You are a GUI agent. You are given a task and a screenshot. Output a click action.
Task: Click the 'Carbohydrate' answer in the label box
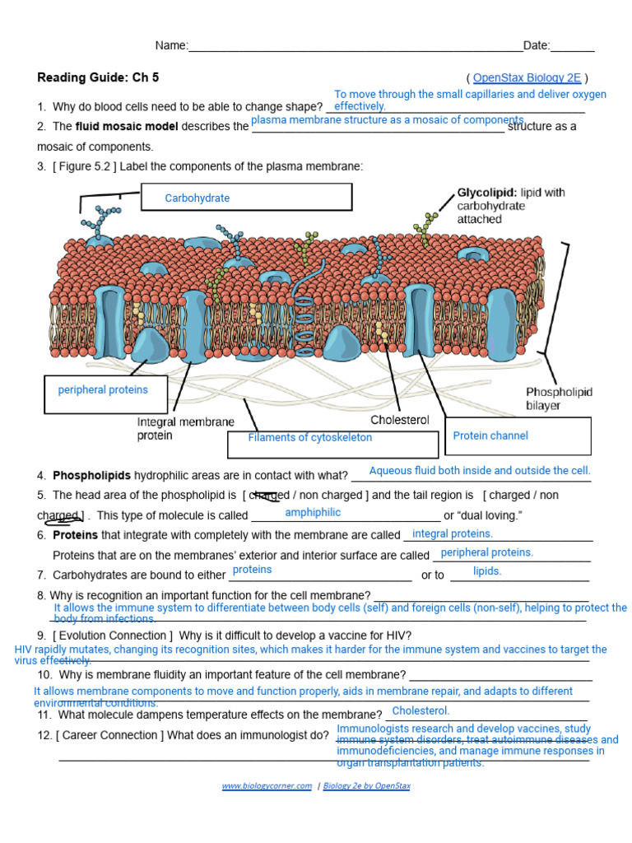click(x=197, y=198)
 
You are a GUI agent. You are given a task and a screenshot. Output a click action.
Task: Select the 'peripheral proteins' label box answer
click(x=103, y=389)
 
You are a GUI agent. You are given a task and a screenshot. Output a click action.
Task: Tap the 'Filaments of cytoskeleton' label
click(x=309, y=438)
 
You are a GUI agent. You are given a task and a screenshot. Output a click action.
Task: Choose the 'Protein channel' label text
click(x=490, y=435)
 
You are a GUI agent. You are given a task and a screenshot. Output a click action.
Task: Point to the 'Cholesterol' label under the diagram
click(x=399, y=420)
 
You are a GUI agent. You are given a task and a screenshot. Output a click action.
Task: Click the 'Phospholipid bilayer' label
click(x=559, y=399)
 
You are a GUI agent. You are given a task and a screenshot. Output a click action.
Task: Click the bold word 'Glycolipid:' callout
click(x=487, y=193)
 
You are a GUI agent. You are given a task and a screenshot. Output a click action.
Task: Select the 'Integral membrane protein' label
click(x=185, y=428)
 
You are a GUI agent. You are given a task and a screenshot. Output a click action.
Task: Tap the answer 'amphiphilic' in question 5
click(x=312, y=513)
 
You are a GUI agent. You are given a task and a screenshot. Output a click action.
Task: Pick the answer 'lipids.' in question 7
click(x=487, y=571)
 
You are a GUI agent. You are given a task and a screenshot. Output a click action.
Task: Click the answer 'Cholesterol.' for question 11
click(x=421, y=710)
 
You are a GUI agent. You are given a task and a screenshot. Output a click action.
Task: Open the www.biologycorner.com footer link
click(x=267, y=786)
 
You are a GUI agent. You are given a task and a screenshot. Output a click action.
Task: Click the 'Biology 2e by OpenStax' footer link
click(x=366, y=786)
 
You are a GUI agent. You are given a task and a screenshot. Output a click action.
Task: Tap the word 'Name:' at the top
click(x=172, y=46)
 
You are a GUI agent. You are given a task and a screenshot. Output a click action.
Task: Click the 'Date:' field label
click(x=537, y=46)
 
